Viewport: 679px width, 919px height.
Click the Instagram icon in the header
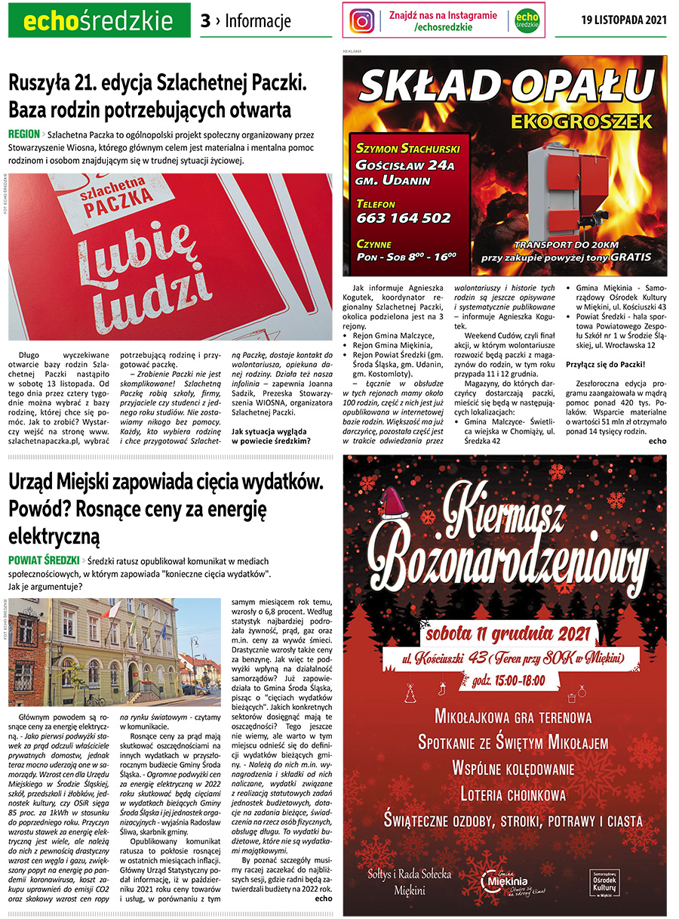tap(363, 20)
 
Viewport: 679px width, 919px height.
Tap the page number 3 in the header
tap(205, 21)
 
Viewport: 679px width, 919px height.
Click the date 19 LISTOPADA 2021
tap(625, 20)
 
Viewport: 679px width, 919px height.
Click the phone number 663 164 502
tap(404, 218)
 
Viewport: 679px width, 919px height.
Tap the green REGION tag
tap(24, 134)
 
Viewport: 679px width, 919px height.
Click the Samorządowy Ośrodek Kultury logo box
tap(610, 881)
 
